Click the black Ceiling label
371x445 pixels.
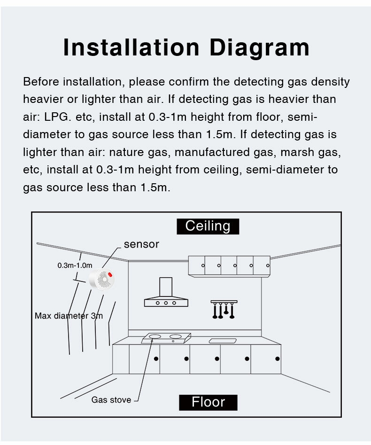coord(208,226)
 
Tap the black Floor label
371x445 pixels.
coord(208,402)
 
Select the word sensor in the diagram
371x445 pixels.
coord(141,244)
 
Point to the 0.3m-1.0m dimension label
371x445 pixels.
coord(75,265)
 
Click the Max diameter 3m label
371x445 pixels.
coord(69,316)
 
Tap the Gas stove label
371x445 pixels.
coord(111,400)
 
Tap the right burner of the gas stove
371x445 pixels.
coord(175,336)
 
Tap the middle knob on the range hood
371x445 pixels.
coord(165,303)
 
